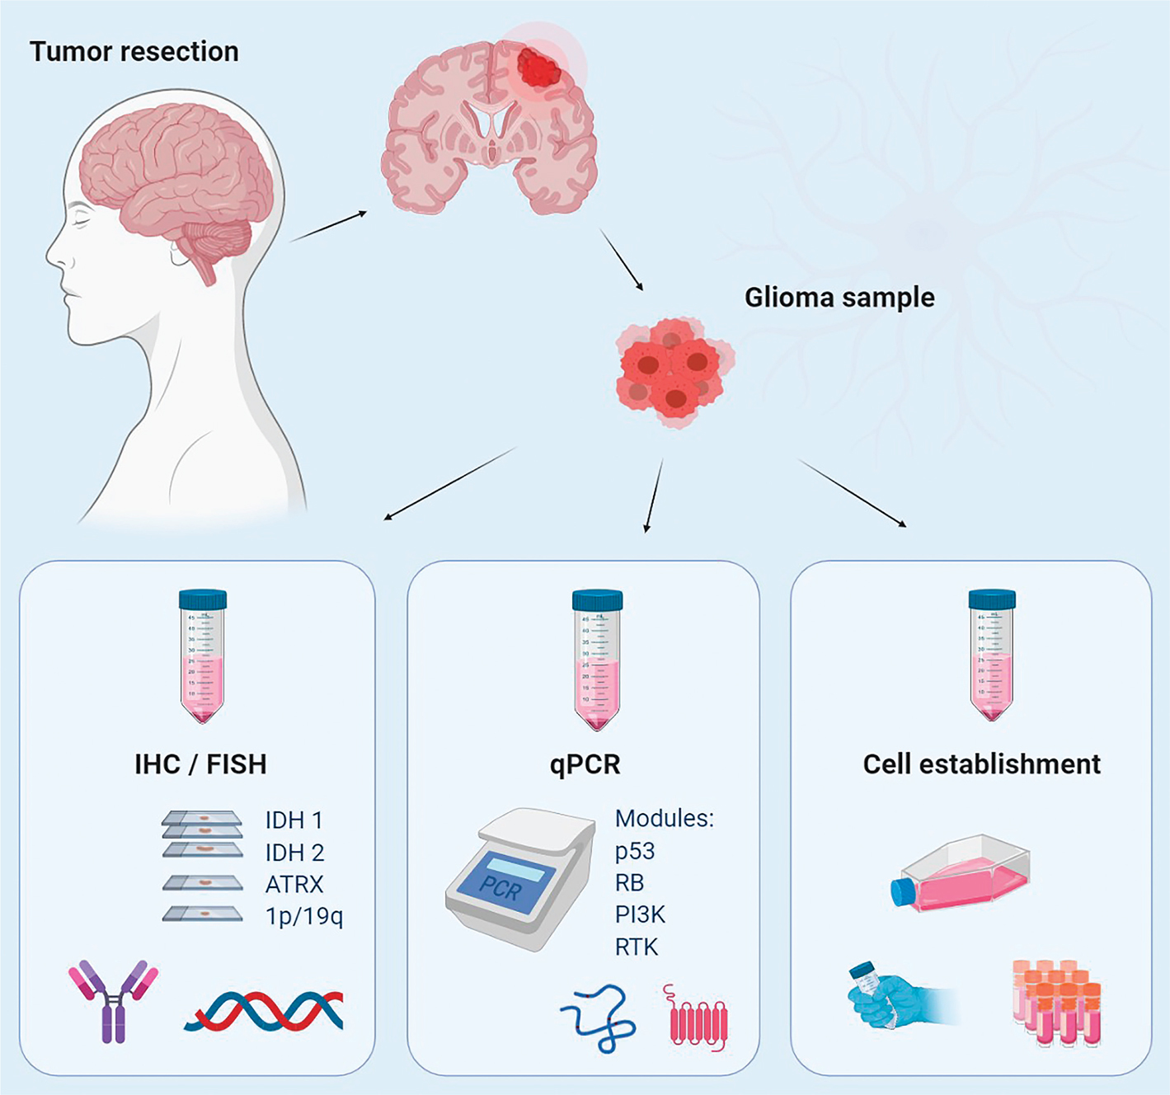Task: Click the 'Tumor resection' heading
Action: (134, 52)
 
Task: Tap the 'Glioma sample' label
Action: (839, 298)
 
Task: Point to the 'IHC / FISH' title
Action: (200, 764)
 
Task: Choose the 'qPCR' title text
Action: (585, 764)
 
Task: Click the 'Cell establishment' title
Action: (981, 764)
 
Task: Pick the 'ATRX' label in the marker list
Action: (294, 885)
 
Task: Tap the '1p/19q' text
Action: (303, 916)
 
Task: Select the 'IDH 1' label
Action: (294, 820)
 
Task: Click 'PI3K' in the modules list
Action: (640, 914)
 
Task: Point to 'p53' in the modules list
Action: (635, 851)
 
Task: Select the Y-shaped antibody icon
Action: (113, 999)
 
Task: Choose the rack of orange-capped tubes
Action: (1057, 1002)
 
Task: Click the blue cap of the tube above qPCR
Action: (597, 599)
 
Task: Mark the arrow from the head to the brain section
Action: (328, 226)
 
